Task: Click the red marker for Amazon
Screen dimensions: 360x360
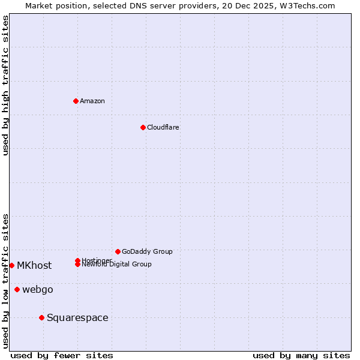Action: click(x=76, y=101)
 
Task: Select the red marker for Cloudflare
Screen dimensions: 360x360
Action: click(x=143, y=127)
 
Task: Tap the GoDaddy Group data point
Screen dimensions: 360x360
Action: click(x=118, y=251)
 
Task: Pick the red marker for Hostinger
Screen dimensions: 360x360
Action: click(x=77, y=260)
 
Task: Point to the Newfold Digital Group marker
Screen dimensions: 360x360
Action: click(x=78, y=265)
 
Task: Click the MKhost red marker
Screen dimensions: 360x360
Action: click(x=11, y=265)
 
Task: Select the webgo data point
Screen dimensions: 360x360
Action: click(x=17, y=290)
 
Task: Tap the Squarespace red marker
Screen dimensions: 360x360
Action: click(x=41, y=317)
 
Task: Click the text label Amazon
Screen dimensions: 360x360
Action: click(x=92, y=101)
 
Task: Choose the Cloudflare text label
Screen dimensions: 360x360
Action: click(x=163, y=127)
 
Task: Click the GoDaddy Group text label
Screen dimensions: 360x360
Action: click(x=147, y=251)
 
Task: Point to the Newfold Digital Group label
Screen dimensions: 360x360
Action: click(x=117, y=265)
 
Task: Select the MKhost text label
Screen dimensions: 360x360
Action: click(x=34, y=265)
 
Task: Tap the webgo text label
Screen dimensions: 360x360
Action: click(x=38, y=290)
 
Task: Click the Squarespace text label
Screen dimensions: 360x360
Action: click(x=77, y=317)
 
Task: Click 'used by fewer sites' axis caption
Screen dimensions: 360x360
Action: click(x=62, y=355)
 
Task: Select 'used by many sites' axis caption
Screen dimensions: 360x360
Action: click(x=301, y=355)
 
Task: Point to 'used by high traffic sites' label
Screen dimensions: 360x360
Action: click(x=5, y=85)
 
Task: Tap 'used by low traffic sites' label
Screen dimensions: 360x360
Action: click(x=5, y=281)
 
